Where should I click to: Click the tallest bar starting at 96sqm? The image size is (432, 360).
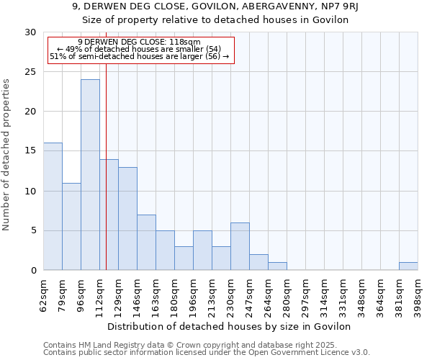(x=90, y=175)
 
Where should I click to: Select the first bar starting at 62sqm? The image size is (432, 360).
(x=53, y=207)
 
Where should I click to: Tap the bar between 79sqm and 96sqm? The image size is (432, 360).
(x=71, y=227)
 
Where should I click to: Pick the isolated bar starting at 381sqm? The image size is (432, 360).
(x=408, y=266)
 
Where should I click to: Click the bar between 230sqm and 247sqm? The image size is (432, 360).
(x=240, y=246)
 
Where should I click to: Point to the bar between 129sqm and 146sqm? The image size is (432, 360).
(x=127, y=219)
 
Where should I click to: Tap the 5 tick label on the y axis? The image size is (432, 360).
(x=33, y=231)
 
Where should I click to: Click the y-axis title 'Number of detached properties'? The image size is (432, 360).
(x=6, y=155)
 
